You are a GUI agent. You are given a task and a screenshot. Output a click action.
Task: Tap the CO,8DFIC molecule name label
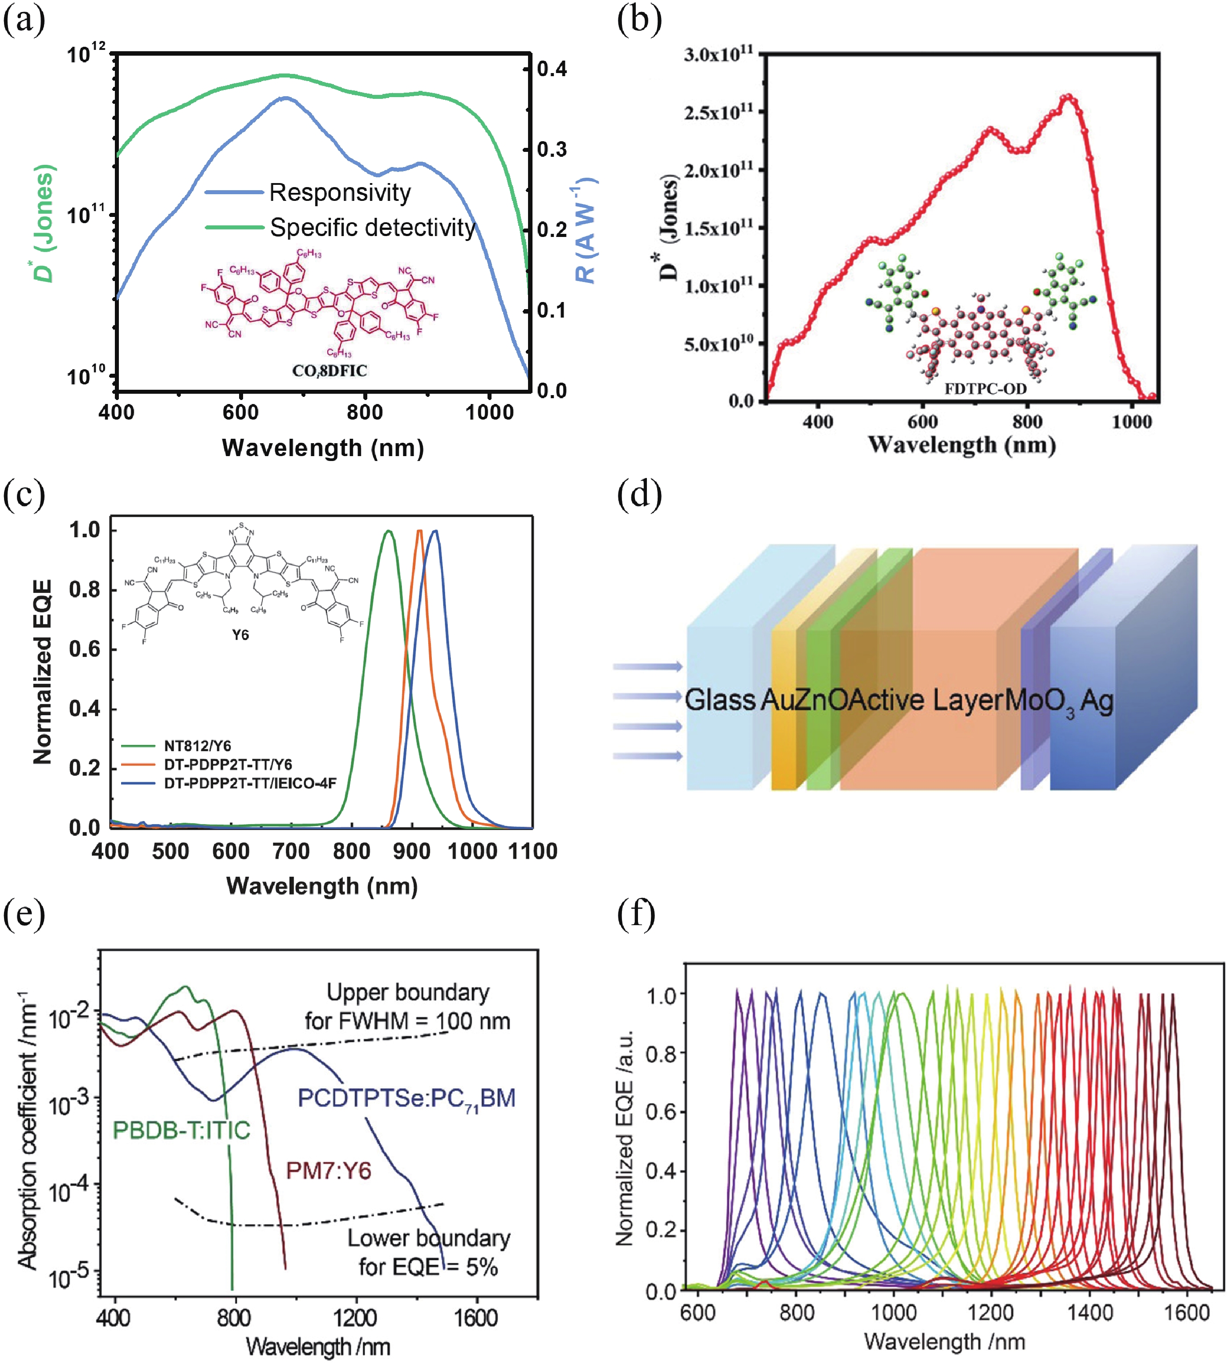point(329,370)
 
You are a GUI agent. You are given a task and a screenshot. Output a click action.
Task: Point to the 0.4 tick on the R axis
point(552,69)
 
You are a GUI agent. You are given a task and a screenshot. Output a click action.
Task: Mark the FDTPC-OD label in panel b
point(985,388)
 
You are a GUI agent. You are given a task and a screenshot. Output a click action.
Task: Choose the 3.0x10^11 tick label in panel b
point(718,54)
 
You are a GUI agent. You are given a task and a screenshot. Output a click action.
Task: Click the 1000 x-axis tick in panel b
point(1131,422)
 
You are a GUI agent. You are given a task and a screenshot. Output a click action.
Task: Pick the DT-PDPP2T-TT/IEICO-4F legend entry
point(249,783)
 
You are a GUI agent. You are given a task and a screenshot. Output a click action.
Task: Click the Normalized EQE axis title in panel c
point(42,672)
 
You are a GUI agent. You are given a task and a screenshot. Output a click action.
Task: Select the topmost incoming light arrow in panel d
point(647,666)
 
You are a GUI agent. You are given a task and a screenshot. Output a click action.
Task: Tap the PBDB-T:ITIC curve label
point(181,1130)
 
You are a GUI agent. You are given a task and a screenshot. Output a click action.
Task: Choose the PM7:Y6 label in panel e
point(328,1170)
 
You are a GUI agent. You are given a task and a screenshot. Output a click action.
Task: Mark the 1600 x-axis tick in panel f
point(1187,1312)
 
